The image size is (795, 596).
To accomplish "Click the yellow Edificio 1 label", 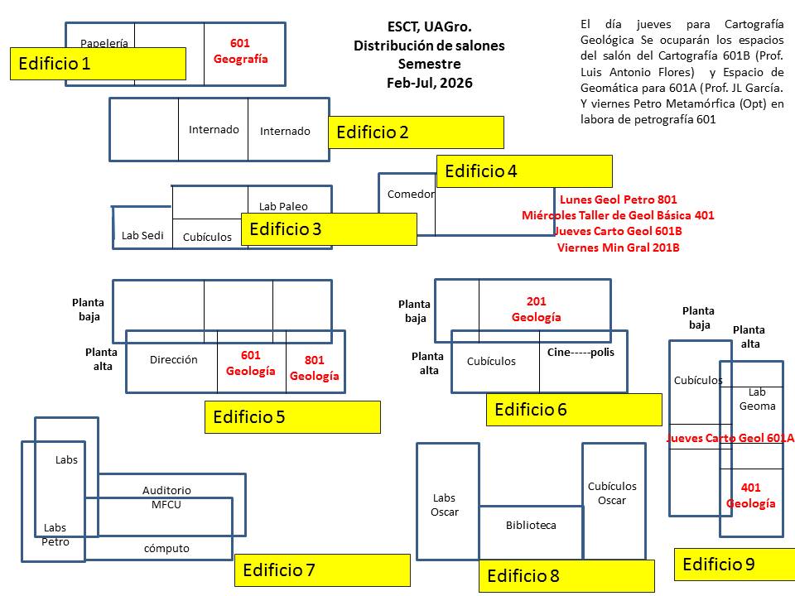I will (98, 64).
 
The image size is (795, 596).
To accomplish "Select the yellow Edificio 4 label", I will (523, 171).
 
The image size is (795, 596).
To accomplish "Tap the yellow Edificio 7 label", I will (322, 570).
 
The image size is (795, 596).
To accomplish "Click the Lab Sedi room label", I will (142, 235).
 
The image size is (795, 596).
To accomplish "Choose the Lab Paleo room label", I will (283, 206).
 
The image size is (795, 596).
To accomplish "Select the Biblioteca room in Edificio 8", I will (531, 525).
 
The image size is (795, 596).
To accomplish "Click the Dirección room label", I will (174, 359).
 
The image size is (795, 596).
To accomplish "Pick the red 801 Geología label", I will (315, 368).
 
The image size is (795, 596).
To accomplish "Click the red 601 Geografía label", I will (241, 50).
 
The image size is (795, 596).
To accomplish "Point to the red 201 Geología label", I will (536, 309).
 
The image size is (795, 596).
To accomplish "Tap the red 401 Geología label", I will (751, 495).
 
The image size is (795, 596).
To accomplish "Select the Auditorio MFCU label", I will (166, 497).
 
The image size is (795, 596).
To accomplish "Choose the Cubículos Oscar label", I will (612, 493).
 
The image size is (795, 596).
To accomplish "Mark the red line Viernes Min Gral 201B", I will (619, 248).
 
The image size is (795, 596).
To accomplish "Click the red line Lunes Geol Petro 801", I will (619, 199).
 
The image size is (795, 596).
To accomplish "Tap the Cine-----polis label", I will (581, 352).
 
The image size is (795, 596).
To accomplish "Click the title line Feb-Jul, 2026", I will (429, 83).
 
